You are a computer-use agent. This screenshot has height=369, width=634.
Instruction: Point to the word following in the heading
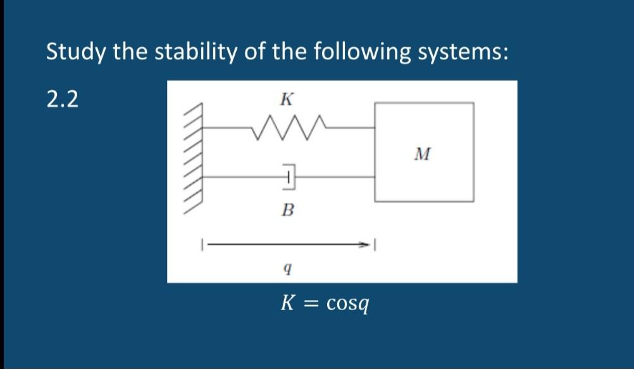coord(342,52)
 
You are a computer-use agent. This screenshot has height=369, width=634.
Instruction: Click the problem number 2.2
coord(63,99)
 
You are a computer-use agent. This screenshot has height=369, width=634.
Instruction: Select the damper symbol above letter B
coord(288,177)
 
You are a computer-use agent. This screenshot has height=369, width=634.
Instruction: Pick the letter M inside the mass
coord(424,153)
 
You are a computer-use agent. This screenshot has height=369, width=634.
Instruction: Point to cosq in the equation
coord(348,304)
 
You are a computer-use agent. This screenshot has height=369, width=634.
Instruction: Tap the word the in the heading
coord(132,52)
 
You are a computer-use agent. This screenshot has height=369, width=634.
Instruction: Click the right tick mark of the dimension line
coord(375,243)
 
